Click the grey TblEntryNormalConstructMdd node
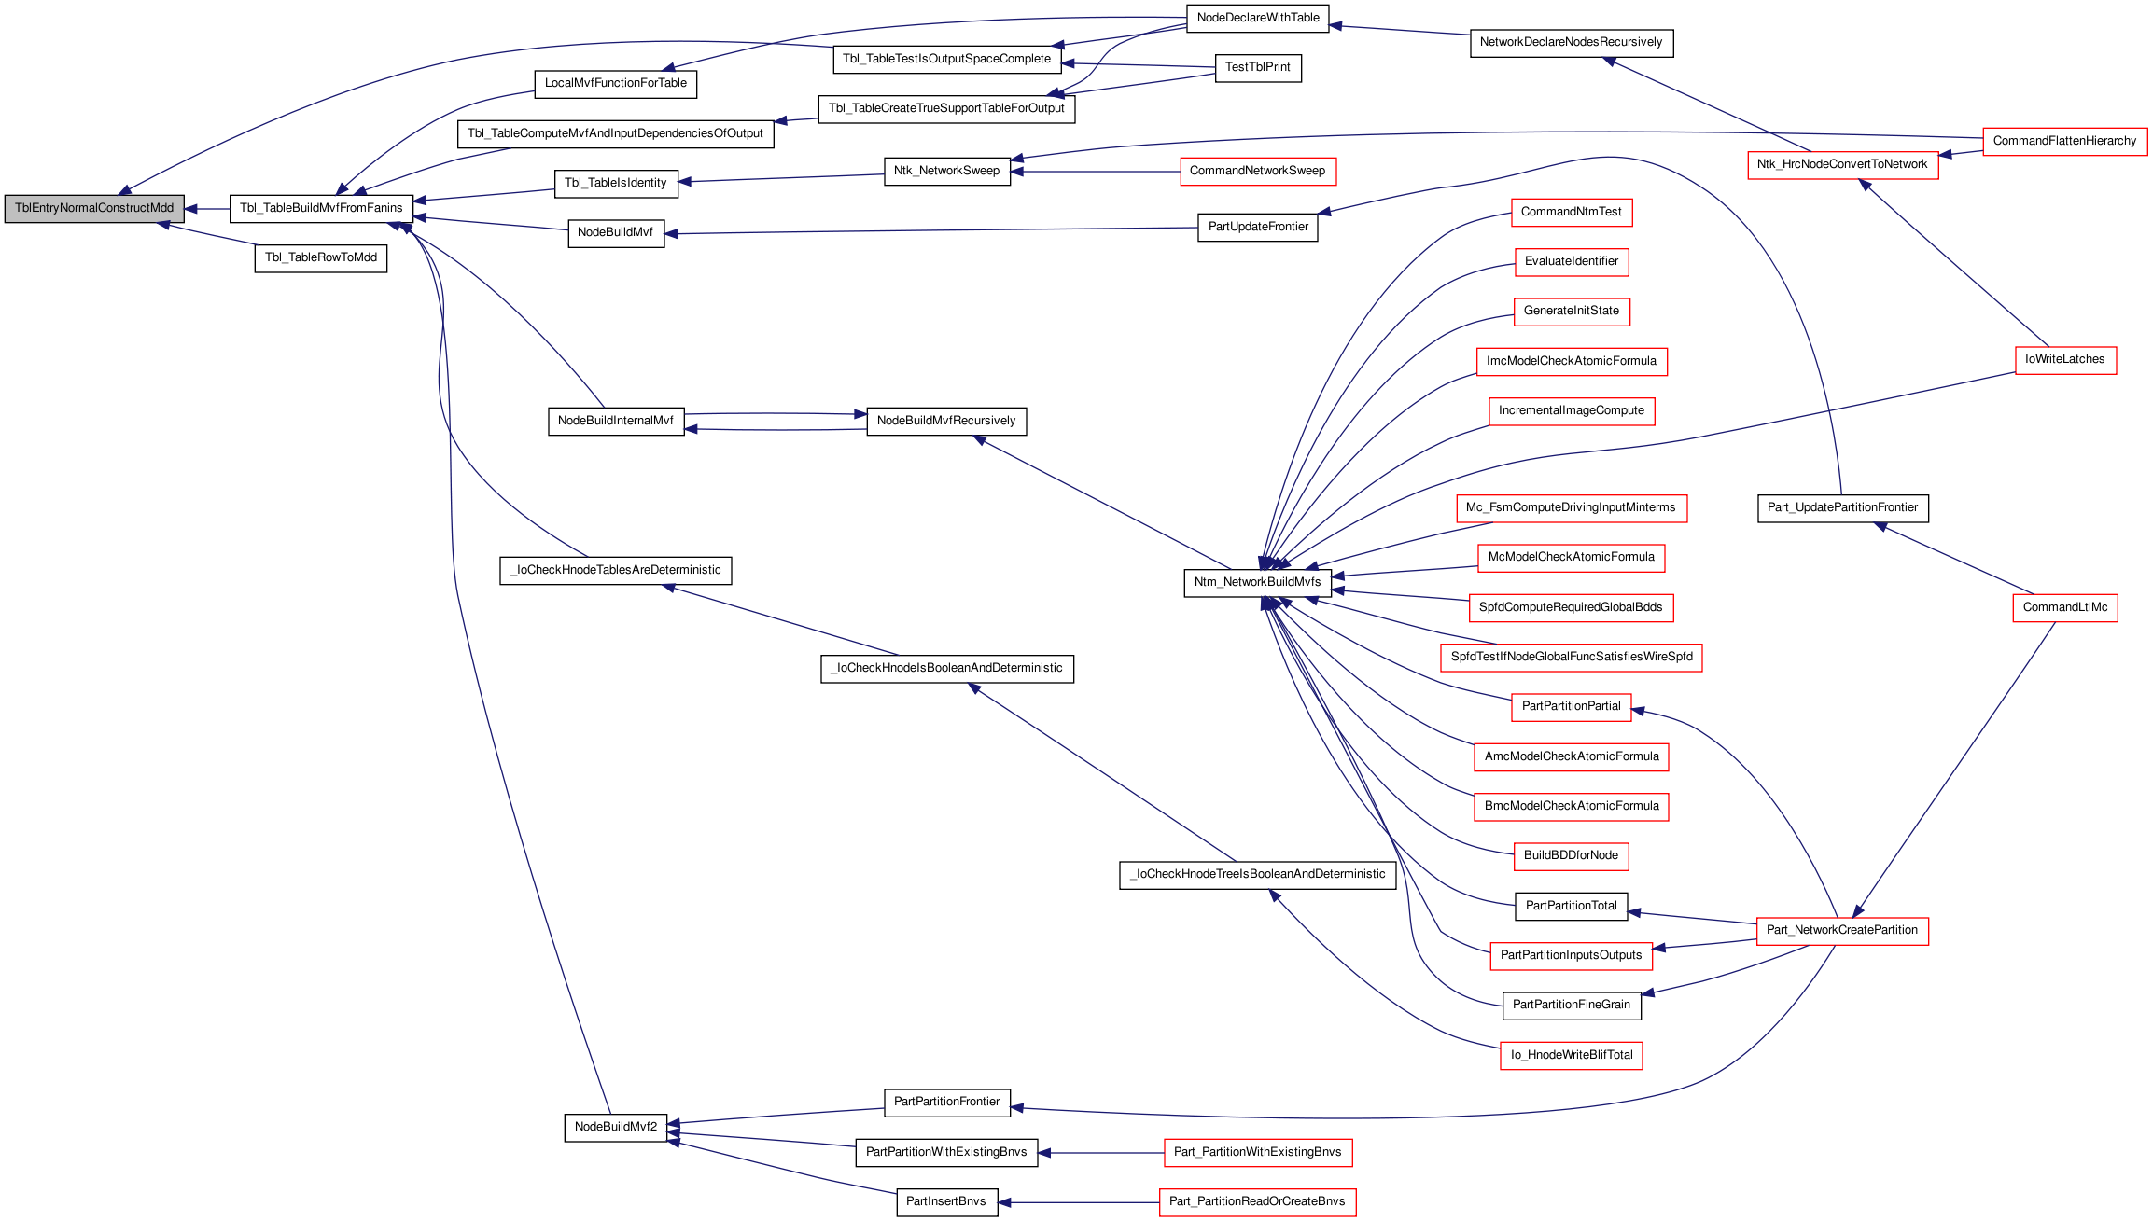[94, 209]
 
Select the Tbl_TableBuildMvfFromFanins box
[321, 209]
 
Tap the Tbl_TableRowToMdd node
[321, 258]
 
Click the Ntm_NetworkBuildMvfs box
[1257, 583]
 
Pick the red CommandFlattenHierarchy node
[2064, 142]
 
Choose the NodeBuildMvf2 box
[616, 1127]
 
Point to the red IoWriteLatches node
[2065, 360]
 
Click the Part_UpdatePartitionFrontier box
[1842, 508]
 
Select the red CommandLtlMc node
[2065, 607]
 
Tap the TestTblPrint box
[1258, 68]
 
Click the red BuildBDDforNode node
[1571, 856]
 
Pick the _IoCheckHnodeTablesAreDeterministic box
[616, 571]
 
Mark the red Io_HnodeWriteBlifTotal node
[1572, 1056]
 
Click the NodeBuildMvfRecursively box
[946, 422]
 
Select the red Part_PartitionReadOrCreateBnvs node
[1257, 1202]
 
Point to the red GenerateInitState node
[1572, 312]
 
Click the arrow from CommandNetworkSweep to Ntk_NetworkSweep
[1096, 172]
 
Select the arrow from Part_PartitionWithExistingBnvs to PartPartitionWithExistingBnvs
[1101, 1153]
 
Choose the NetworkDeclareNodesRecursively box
[1572, 43]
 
